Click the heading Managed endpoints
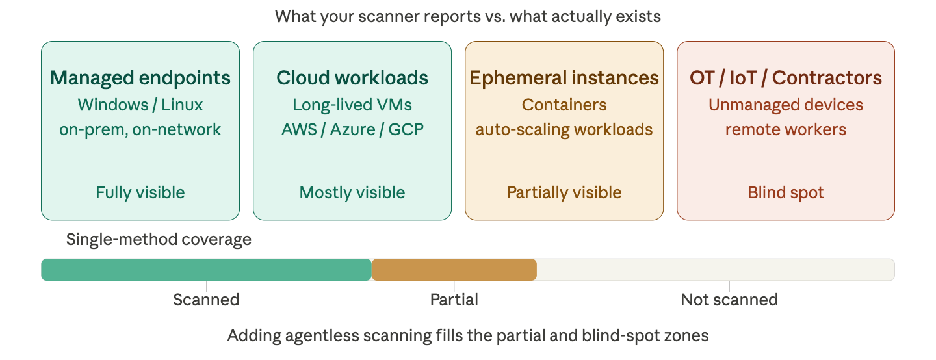[x=140, y=78]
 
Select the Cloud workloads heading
[x=352, y=78]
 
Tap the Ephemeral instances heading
[x=564, y=78]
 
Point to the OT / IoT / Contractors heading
[x=786, y=78]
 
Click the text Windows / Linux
[x=140, y=105]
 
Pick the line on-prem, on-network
[x=140, y=129]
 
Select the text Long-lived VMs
[x=352, y=105]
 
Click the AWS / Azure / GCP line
[x=352, y=129]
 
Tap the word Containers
[x=564, y=105]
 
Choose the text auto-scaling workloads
[x=564, y=129]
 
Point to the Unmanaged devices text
[x=786, y=105]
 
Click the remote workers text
[x=786, y=129]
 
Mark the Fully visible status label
[x=140, y=193]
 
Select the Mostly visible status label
[x=352, y=193]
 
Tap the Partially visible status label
[x=564, y=193]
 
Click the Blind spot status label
[x=786, y=193]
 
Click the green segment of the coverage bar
[x=206, y=270]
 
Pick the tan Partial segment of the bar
[x=454, y=270]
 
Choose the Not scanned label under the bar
[x=729, y=300]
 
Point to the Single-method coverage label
[x=159, y=240]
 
